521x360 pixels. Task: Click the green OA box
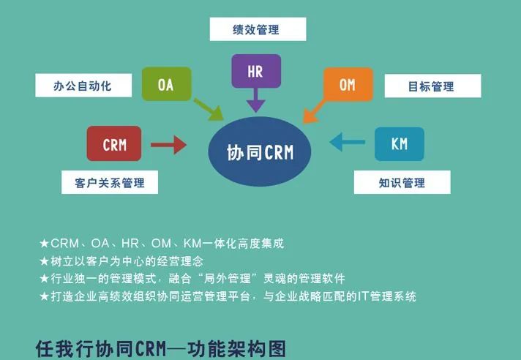pos(166,84)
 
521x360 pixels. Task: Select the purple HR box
pos(255,72)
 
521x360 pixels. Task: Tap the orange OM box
pos(347,85)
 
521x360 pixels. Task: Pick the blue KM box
pos(399,143)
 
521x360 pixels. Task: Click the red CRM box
pos(114,144)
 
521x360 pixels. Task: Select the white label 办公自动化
pos(82,85)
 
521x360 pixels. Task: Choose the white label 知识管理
pos(401,182)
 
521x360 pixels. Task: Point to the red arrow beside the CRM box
pos(169,145)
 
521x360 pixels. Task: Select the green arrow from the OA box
pos(209,110)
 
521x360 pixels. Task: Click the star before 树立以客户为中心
pos(45,260)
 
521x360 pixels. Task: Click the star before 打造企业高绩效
pos(45,296)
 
